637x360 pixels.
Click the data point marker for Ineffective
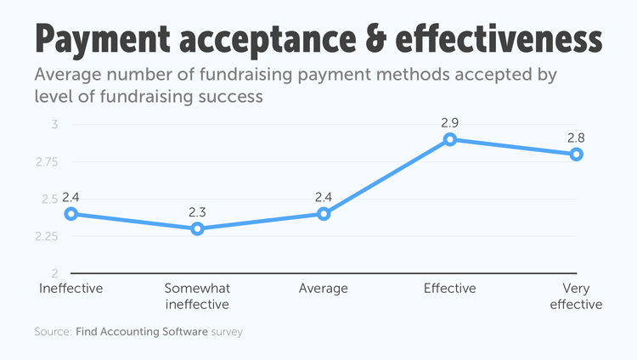pyautogui.click(x=71, y=214)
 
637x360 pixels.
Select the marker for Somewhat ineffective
pyautogui.click(x=197, y=228)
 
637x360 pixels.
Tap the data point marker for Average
pyautogui.click(x=324, y=214)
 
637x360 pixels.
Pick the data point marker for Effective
pyautogui.click(x=450, y=139)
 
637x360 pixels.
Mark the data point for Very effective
pyautogui.click(x=576, y=154)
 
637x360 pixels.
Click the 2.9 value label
pyautogui.click(x=450, y=122)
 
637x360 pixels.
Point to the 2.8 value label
pyautogui.click(x=576, y=137)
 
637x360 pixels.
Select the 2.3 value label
pyautogui.click(x=197, y=211)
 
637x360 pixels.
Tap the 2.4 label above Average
pyautogui.click(x=324, y=197)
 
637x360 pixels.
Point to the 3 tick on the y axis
pyautogui.click(x=54, y=125)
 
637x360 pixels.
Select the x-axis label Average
pyautogui.click(x=324, y=289)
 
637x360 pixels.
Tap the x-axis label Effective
pyautogui.click(x=450, y=289)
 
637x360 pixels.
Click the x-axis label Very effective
pyautogui.click(x=576, y=296)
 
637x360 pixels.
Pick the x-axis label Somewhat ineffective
pyautogui.click(x=197, y=296)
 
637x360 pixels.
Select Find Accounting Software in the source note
pyautogui.click(x=140, y=331)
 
